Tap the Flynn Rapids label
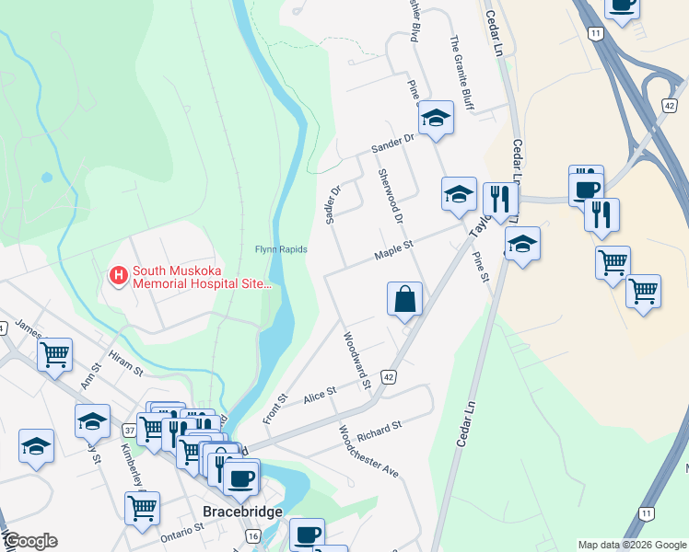281,249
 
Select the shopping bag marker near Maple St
404,299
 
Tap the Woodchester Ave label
368,451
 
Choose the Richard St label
380,429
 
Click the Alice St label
320,396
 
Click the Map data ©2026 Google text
632,545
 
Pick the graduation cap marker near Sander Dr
437,118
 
